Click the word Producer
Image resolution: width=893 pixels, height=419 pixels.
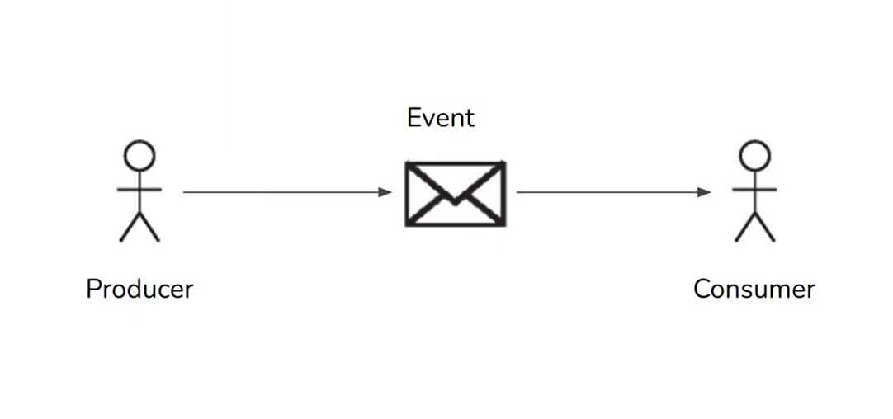139,290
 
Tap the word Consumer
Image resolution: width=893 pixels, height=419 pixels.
754,290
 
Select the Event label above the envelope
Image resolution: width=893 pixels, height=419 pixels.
441,118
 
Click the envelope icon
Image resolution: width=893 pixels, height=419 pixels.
455,194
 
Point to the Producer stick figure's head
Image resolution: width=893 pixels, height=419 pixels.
139,155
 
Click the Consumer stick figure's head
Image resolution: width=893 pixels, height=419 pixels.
754,155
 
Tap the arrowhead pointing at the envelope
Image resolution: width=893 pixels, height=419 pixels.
385,192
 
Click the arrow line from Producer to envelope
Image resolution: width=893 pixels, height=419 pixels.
281,192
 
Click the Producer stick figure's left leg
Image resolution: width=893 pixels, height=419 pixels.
130,228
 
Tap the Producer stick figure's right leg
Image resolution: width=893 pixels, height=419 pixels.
149,228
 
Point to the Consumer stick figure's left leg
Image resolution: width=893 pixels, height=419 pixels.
744,228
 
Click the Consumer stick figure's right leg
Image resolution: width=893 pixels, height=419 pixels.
765,228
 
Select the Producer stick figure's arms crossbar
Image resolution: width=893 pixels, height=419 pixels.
139,189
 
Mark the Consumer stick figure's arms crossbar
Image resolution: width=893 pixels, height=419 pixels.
754,189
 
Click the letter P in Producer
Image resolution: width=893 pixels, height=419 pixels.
93,289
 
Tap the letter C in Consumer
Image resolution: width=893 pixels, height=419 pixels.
702,289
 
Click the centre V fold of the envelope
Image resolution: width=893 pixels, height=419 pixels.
455,201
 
